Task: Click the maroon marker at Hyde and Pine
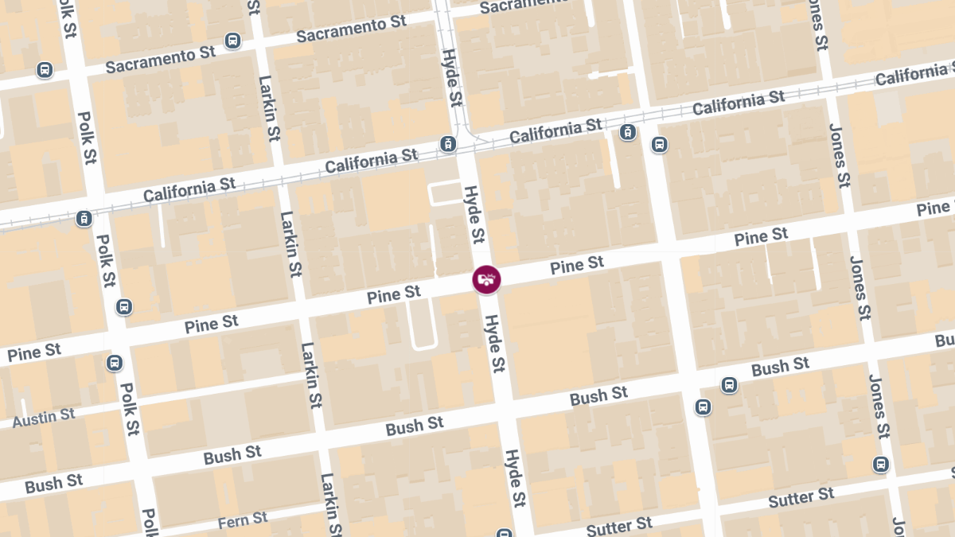pos(486,279)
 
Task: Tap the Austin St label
pos(44,418)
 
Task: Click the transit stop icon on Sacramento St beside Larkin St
pos(232,41)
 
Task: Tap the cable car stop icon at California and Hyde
pos(448,145)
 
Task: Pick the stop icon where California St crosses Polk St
pos(84,218)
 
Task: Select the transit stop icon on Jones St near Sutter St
pos(880,464)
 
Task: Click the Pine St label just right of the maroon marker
pos(577,265)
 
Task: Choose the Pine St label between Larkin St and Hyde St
pos(394,295)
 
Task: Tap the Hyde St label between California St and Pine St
pos(474,214)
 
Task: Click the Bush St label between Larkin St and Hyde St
pos(415,426)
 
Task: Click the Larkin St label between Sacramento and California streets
pos(269,107)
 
